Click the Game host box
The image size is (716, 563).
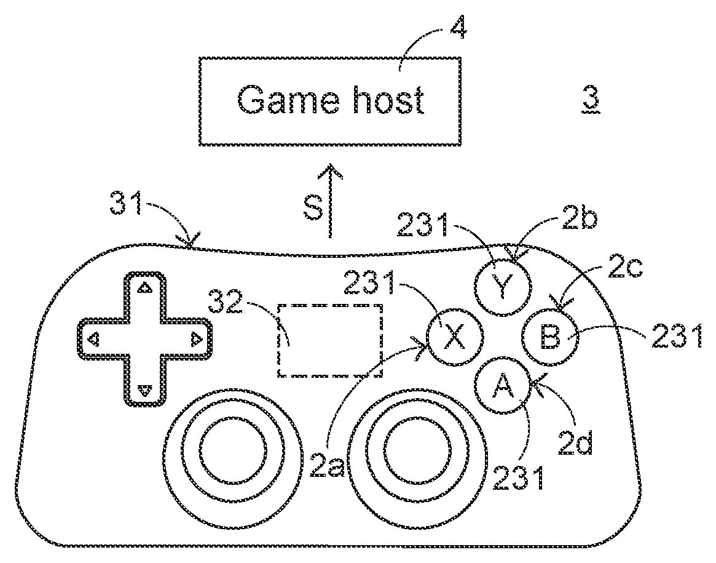coord(330,101)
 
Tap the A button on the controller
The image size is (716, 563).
coord(503,386)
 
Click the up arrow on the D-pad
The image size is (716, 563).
coord(144,287)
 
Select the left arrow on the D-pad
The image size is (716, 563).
coord(93,338)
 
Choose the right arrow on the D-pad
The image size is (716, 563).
coord(195,338)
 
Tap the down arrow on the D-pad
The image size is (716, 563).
coord(144,389)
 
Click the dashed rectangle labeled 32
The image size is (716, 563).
coord(331,340)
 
